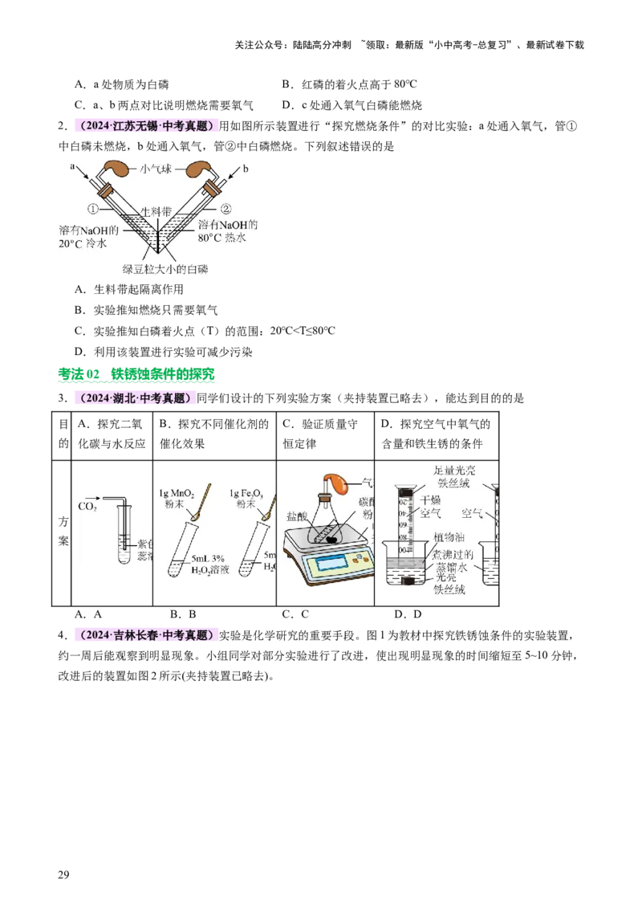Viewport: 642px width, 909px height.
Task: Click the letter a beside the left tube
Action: [x=72, y=167]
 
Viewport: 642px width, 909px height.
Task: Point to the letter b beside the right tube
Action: [x=245, y=167]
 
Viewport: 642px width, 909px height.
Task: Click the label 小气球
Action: [x=157, y=169]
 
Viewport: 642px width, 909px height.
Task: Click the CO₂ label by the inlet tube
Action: [x=87, y=507]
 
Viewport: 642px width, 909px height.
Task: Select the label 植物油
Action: [x=447, y=537]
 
